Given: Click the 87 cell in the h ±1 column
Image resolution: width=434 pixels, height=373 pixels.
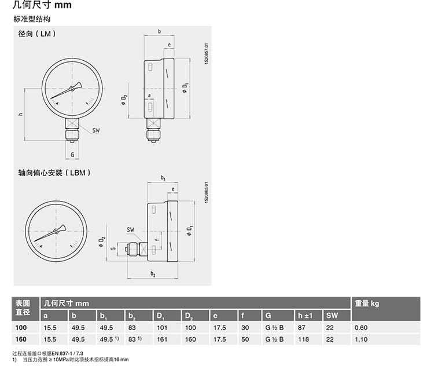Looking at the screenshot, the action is point(301,328).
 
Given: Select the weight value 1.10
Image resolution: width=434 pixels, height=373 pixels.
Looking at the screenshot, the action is point(361,339).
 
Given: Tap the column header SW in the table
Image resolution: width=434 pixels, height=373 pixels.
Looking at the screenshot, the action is point(332,315).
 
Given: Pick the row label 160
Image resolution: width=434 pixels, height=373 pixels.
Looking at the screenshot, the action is point(21,339).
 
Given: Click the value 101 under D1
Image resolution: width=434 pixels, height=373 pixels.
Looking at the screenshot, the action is point(162,328).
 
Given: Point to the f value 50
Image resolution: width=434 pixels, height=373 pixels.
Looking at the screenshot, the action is point(245,339).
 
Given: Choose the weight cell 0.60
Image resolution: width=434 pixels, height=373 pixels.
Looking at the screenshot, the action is point(361,328).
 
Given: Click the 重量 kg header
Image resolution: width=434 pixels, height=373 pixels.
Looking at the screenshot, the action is point(367,303).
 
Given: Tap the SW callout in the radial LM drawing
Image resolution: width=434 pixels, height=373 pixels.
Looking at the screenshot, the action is point(95,130).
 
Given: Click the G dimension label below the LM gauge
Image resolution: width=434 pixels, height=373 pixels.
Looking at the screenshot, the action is point(72,155).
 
